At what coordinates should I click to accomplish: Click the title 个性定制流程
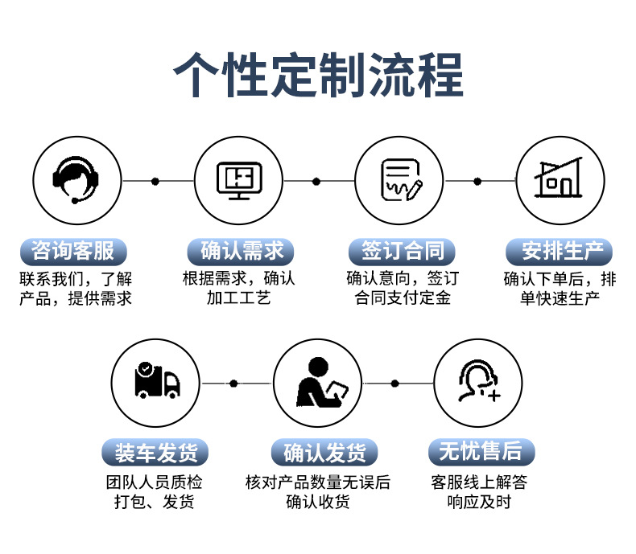[x=318, y=75]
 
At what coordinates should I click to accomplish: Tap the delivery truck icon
[x=155, y=382]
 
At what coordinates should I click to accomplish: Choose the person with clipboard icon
[x=318, y=382]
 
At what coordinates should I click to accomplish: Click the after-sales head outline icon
[x=478, y=382]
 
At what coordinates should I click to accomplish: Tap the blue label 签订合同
[x=402, y=252]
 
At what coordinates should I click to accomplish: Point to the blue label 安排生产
[x=560, y=252]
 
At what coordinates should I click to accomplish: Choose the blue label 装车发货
[x=155, y=453]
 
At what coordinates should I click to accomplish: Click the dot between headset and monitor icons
[x=155, y=181]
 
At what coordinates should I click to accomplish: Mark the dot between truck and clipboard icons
[x=233, y=383]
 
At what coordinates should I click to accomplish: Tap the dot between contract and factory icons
[x=477, y=181]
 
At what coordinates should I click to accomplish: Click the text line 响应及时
[x=479, y=503]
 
